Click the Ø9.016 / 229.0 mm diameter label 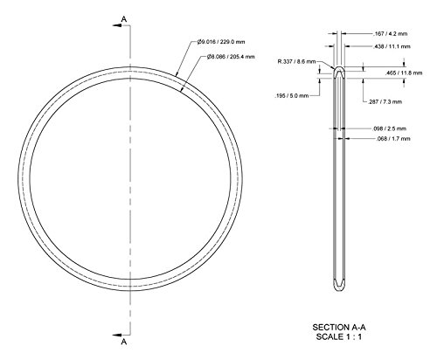(221, 42)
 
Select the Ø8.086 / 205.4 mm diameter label (231, 57)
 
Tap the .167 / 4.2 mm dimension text (390, 34)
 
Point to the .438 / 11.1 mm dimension (392, 46)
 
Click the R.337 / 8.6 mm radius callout (297, 62)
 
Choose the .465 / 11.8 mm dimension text (404, 73)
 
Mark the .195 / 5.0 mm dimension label (291, 96)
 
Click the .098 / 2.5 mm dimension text (389, 128)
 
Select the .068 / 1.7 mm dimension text (393, 139)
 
